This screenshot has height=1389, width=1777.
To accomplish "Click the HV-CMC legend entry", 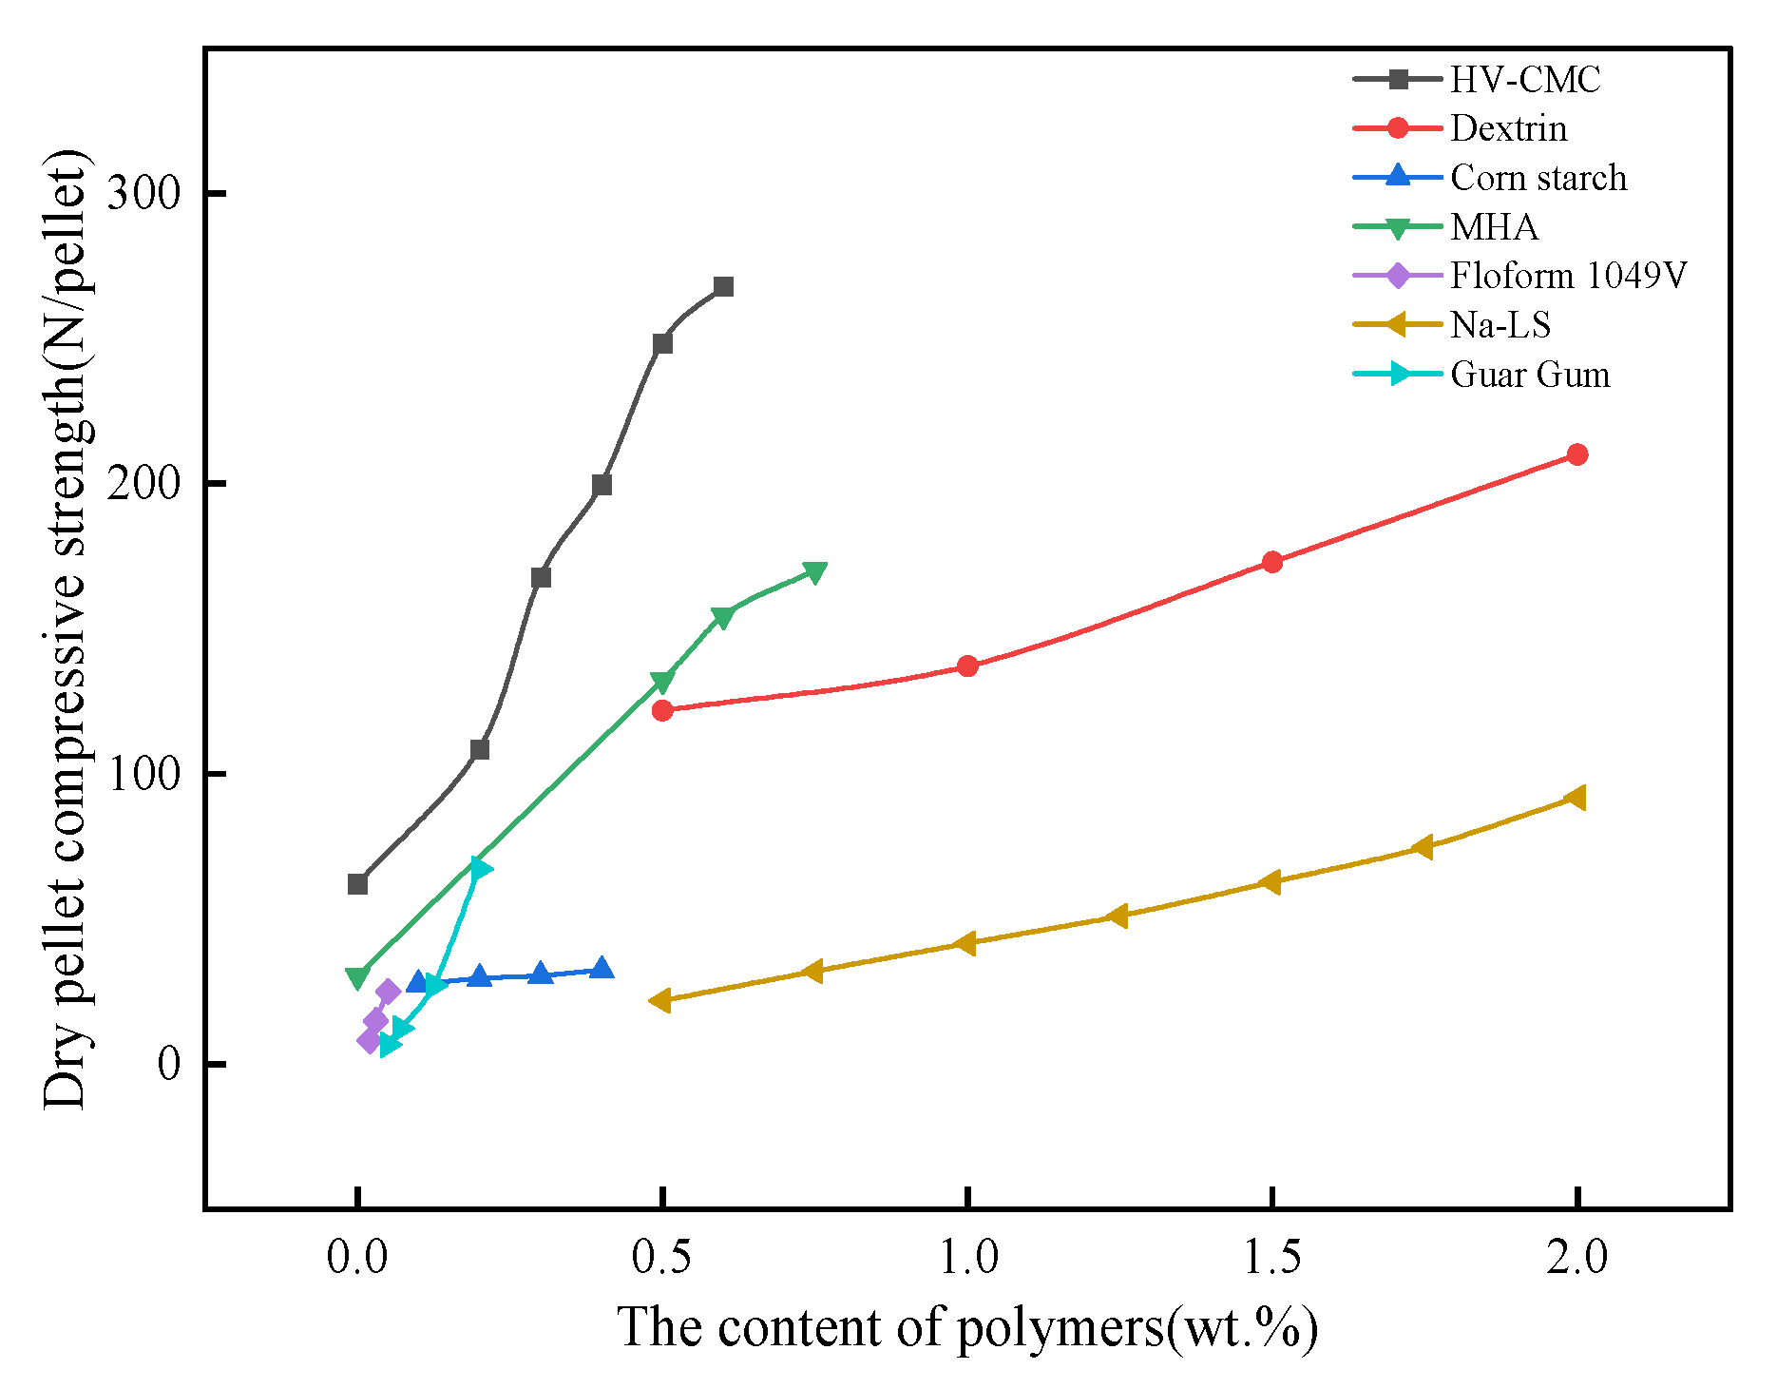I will click(1523, 80).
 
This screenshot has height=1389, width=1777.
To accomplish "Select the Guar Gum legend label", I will click(1529, 375).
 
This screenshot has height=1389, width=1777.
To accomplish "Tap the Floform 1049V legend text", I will click(1567, 276).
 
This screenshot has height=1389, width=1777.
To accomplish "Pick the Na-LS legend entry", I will click(1500, 325).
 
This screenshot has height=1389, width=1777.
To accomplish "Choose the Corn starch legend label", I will click(1538, 178).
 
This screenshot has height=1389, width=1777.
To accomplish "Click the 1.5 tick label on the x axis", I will click(1271, 1257).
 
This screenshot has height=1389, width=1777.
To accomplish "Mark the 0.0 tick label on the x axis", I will click(357, 1257).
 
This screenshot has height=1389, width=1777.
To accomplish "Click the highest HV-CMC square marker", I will click(723, 287).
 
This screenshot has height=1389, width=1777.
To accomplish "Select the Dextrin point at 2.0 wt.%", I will click(1576, 454).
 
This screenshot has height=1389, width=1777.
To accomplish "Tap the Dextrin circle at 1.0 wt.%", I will click(967, 666).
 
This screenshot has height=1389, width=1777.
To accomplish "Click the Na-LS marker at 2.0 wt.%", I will click(1575, 798).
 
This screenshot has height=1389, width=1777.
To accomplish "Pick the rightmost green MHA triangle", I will click(814, 572).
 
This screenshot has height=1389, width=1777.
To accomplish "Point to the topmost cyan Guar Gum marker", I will click(481, 868).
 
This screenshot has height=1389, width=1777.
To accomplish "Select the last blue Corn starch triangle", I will click(602, 969).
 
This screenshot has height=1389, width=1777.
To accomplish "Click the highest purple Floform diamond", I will click(388, 993).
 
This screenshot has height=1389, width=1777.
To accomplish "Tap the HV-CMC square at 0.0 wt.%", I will click(357, 884).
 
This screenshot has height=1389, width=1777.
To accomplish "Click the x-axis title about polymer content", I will click(967, 1327).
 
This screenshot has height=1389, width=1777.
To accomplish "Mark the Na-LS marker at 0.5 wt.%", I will click(660, 1000).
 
